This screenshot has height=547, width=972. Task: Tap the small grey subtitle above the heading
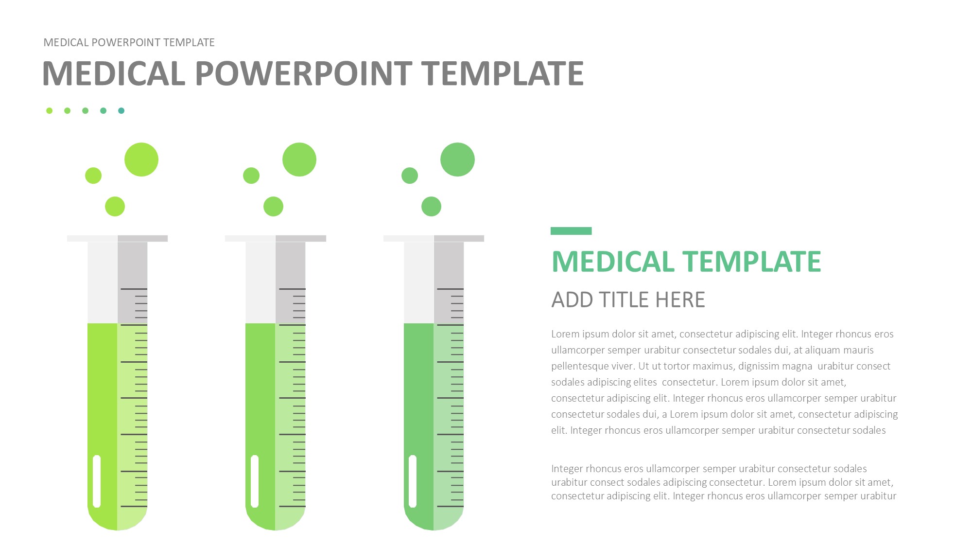click(129, 43)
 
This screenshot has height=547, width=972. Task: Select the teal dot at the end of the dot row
click(121, 111)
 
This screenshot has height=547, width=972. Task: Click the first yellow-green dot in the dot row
click(49, 111)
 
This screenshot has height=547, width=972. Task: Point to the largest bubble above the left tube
click(141, 159)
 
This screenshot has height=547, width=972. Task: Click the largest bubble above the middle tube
click(299, 159)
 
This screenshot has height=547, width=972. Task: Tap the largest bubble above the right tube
click(457, 159)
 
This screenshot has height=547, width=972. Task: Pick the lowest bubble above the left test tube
click(115, 207)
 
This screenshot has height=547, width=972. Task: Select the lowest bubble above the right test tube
click(432, 207)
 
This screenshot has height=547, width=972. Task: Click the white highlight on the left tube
click(97, 481)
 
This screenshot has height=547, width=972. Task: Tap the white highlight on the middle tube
click(255, 481)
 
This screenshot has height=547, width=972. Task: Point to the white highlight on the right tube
click(413, 481)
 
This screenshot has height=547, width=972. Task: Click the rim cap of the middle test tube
click(276, 238)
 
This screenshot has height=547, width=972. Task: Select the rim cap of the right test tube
click(434, 238)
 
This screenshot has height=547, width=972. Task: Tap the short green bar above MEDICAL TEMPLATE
click(571, 231)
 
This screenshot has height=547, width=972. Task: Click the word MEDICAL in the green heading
click(613, 262)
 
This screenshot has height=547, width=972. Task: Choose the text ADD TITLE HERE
click(628, 300)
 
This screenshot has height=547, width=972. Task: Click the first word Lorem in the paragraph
click(565, 334)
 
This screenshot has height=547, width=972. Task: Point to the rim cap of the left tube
click(118, 238)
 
